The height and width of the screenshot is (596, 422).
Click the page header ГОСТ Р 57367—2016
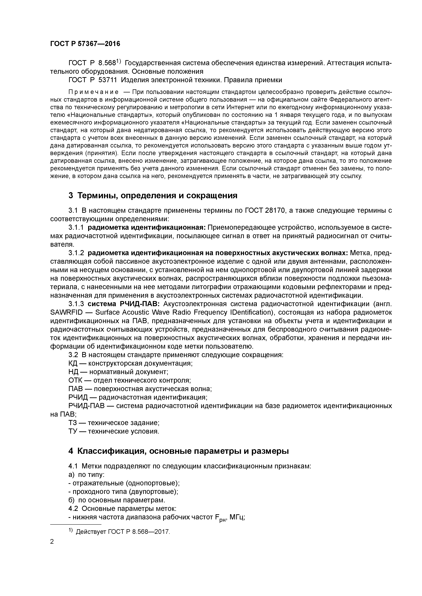pos(85,44)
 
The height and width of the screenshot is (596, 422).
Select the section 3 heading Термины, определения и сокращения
pos(153,195)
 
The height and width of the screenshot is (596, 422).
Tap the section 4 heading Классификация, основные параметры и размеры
pos(179,451)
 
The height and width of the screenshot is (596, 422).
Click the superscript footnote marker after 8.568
pos(118,62)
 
